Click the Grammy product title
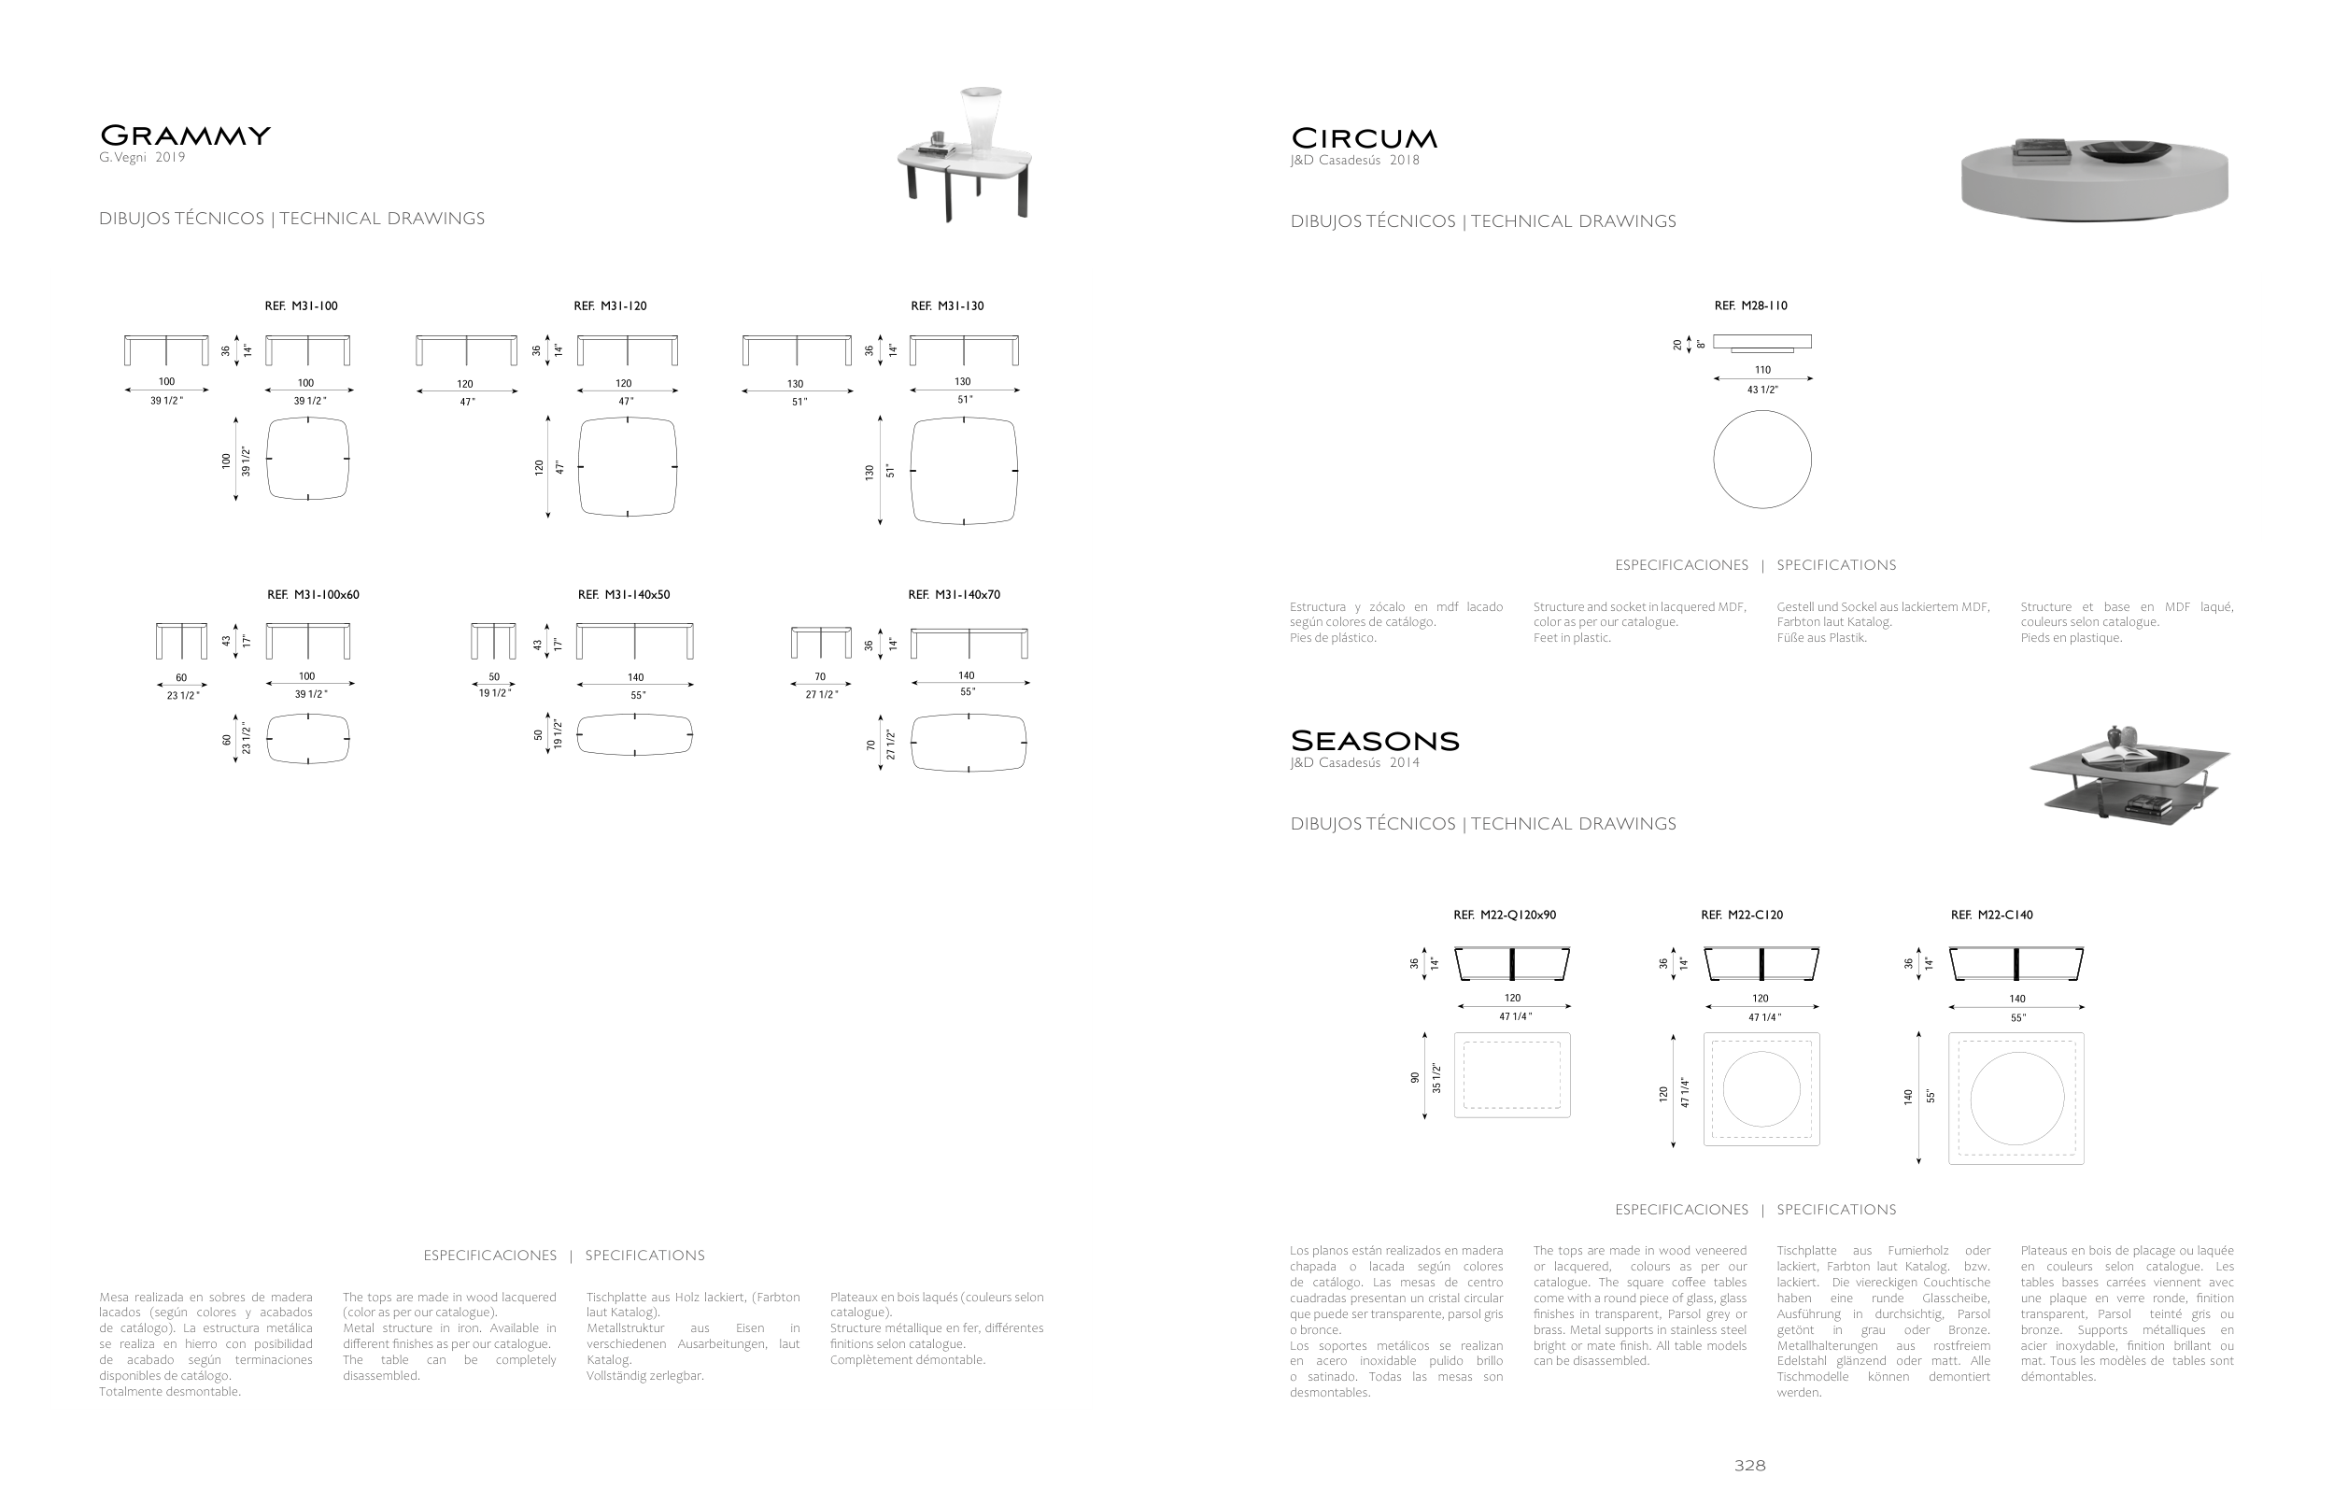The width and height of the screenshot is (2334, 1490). (185, 135)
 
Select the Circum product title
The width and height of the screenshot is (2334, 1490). (1364, 138)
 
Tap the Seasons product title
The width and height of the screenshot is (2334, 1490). (1375, 742)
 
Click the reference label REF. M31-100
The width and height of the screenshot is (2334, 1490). (302, 306)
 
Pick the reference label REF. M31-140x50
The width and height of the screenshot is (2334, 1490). (623, 595)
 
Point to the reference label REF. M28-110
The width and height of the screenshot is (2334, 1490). (1750, 306)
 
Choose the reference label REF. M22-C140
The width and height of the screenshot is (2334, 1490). (1992, 915)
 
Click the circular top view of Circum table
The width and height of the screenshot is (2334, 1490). (1762, 460)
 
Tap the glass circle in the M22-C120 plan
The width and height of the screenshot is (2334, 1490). (1761, 1089)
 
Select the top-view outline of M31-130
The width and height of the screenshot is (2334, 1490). (964, 471)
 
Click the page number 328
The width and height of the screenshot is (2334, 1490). (1749, 1466)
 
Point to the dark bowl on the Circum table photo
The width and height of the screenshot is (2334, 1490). (2127, 150)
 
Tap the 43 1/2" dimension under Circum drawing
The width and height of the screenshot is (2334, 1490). (1762, 390)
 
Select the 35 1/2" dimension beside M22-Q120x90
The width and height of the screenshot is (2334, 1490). (1436, 1078)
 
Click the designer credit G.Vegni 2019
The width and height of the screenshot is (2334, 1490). (142, 158)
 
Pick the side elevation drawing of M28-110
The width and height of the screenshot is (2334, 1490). (1762, 343)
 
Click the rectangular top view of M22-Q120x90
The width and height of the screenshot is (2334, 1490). (1512, 1075)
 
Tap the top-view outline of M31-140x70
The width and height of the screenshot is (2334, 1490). (969, 743)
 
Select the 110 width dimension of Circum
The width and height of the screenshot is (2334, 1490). (1762, 370)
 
